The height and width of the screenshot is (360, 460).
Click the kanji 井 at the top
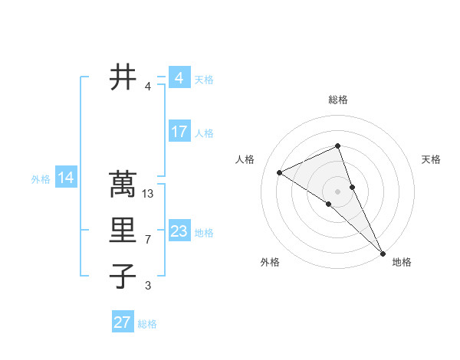[123, 77]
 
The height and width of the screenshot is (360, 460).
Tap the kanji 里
[123, 231]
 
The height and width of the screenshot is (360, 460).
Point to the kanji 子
[123, 277]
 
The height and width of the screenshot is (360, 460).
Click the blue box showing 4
[179, 78]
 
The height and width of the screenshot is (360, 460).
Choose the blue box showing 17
[179, 132]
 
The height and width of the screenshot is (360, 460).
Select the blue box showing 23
[179, 231]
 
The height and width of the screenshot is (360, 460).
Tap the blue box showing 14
[66, 178]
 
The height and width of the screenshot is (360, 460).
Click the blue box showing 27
[122, 322]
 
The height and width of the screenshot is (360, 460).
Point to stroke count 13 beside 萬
[149, 194]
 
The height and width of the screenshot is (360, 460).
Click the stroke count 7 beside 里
[148, 240]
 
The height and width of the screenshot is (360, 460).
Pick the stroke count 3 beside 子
[148, 286]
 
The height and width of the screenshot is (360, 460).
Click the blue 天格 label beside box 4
[203, 80]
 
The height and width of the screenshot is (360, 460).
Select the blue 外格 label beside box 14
[41, 179]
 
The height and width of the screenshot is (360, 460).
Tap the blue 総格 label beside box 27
[147, 324]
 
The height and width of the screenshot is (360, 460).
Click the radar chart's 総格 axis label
[337, 100]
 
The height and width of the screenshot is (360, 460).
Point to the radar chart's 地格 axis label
[402, 262]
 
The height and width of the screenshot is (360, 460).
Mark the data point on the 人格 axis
[280, 172]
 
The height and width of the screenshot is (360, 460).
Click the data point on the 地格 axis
[383, 253]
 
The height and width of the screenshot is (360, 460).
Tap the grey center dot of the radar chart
[337, 191]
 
